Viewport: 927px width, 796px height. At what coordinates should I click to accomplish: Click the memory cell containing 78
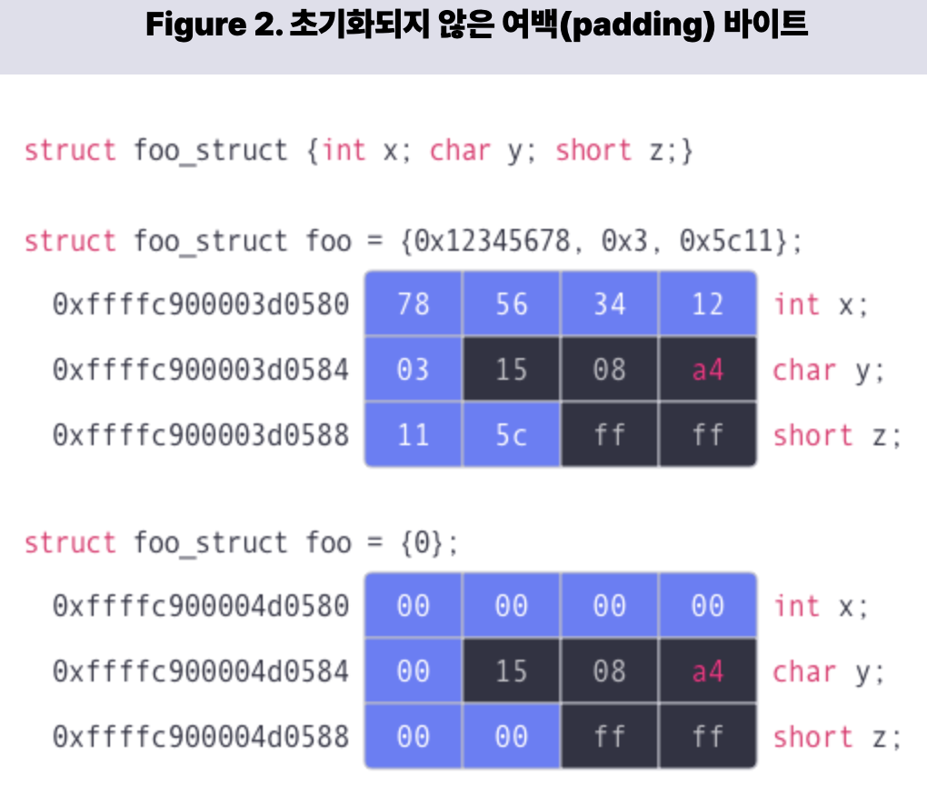pos(414,303)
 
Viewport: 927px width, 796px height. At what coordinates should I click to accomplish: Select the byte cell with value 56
pos(511,303)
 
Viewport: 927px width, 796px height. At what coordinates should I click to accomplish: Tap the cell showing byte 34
pos(609,303)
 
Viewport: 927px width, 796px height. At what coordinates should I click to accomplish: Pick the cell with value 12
pos(707,303)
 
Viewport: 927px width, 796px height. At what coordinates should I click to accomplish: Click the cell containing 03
pos(414,370)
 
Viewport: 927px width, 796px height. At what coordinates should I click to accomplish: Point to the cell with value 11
pos(414,435)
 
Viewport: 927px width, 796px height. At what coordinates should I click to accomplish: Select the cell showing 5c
pos(511,435)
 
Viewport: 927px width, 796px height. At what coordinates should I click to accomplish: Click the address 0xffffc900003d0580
pos(200,303)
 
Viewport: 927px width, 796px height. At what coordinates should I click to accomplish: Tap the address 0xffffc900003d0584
pos(200,370)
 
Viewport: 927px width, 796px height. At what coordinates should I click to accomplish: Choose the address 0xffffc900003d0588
pos(200,435)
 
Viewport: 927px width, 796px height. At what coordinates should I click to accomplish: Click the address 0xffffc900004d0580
pos(200,605)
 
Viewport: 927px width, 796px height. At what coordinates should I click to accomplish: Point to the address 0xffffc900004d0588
pos(200,737)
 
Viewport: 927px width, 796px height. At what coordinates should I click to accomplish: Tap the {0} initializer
pos(419,543)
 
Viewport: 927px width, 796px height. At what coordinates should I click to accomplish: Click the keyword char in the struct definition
pos(460,150)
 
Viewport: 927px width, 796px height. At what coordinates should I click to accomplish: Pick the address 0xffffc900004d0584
pos(200,672)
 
